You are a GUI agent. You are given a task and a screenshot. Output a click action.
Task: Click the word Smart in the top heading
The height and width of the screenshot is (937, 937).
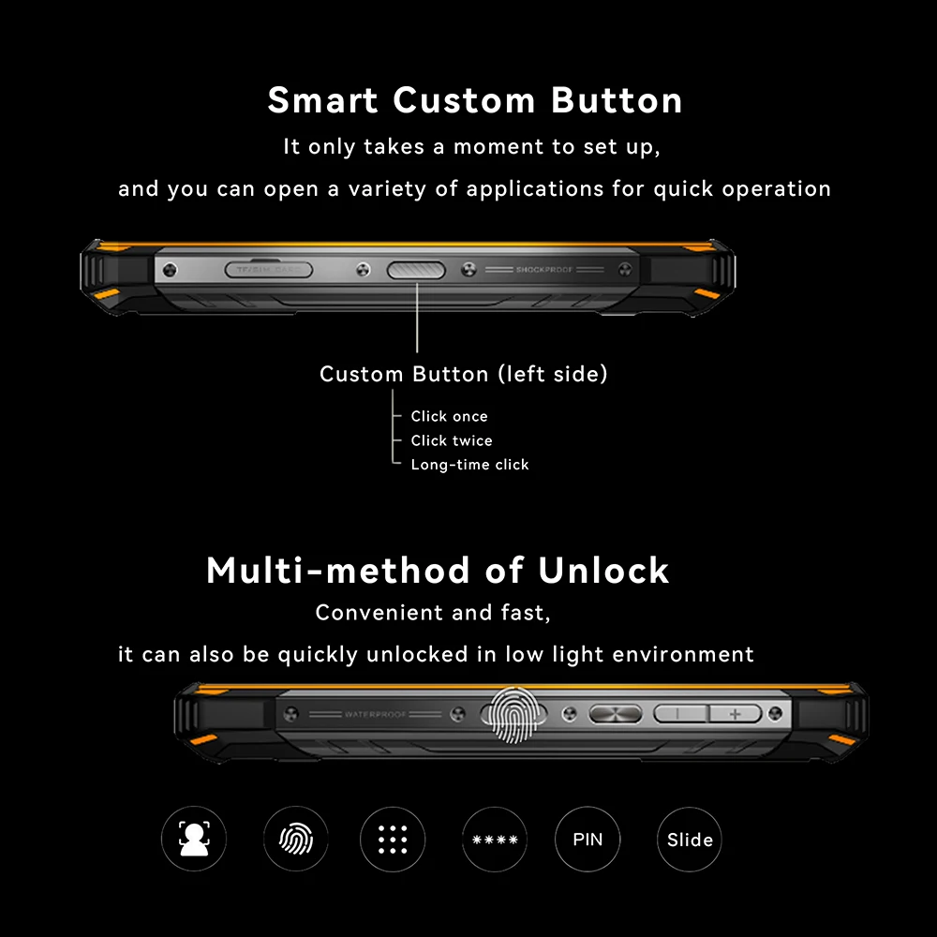tap(323, 100)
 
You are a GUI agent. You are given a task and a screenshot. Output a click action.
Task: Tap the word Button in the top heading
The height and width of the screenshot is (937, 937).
tap(617, 100)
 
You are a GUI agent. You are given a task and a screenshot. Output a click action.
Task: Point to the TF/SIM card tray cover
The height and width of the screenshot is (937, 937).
tap(268, 270)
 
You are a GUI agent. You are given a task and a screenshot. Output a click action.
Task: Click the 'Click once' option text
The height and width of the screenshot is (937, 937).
tap(449, 416)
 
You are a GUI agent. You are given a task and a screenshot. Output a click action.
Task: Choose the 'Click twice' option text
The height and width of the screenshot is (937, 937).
tap(451, 440)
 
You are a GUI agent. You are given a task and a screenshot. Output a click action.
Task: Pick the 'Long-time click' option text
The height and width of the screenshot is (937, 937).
tap(469, 465)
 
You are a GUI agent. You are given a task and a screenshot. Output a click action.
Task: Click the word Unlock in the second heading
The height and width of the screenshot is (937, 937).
tap(603, 571)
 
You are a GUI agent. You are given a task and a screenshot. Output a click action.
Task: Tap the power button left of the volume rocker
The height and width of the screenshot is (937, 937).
tap(616, 715)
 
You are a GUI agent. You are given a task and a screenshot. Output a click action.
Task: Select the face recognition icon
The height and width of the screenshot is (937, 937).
tap(194, 839)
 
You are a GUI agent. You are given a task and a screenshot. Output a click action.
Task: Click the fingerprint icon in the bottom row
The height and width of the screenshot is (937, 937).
tap(296, 839)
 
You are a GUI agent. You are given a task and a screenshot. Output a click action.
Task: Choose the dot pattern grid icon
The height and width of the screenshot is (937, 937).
tap(393, 840)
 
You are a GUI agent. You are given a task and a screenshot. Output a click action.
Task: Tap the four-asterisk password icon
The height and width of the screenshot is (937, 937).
tap(495, 840)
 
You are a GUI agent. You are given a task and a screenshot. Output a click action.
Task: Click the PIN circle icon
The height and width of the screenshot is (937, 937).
tap(587, 839)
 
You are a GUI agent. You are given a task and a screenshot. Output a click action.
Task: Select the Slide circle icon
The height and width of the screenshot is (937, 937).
tap(690, 840)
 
